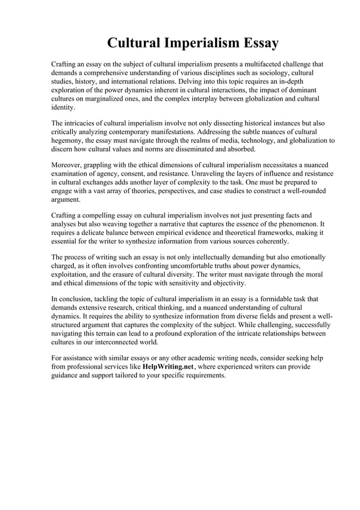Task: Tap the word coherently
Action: point(270,242)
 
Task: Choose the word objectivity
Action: point(226,284)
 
